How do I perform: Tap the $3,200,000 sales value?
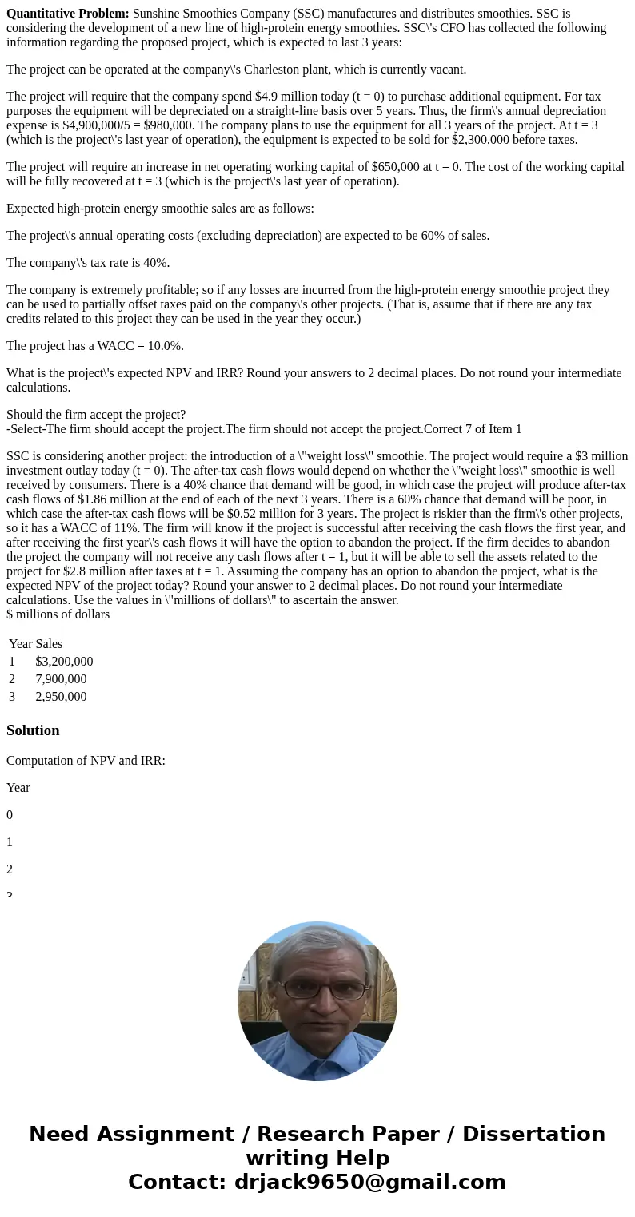pyautogui.click(x=64, y=662)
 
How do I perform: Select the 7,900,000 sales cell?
pyautogui.click(x=61, y=679)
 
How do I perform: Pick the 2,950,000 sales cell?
pyautogui.click(x=61, y=697)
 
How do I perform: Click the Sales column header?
pyautogui.click(x=49, y=644)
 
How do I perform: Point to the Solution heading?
pyautogui.click(x=33, y=730)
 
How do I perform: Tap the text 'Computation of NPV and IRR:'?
pyautogui.click(x=86, y=761)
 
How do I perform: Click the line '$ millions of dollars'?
pyautogui.click(x=58, y=614)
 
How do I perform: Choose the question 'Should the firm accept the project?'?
pyautogui.click(x=96, y=415)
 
